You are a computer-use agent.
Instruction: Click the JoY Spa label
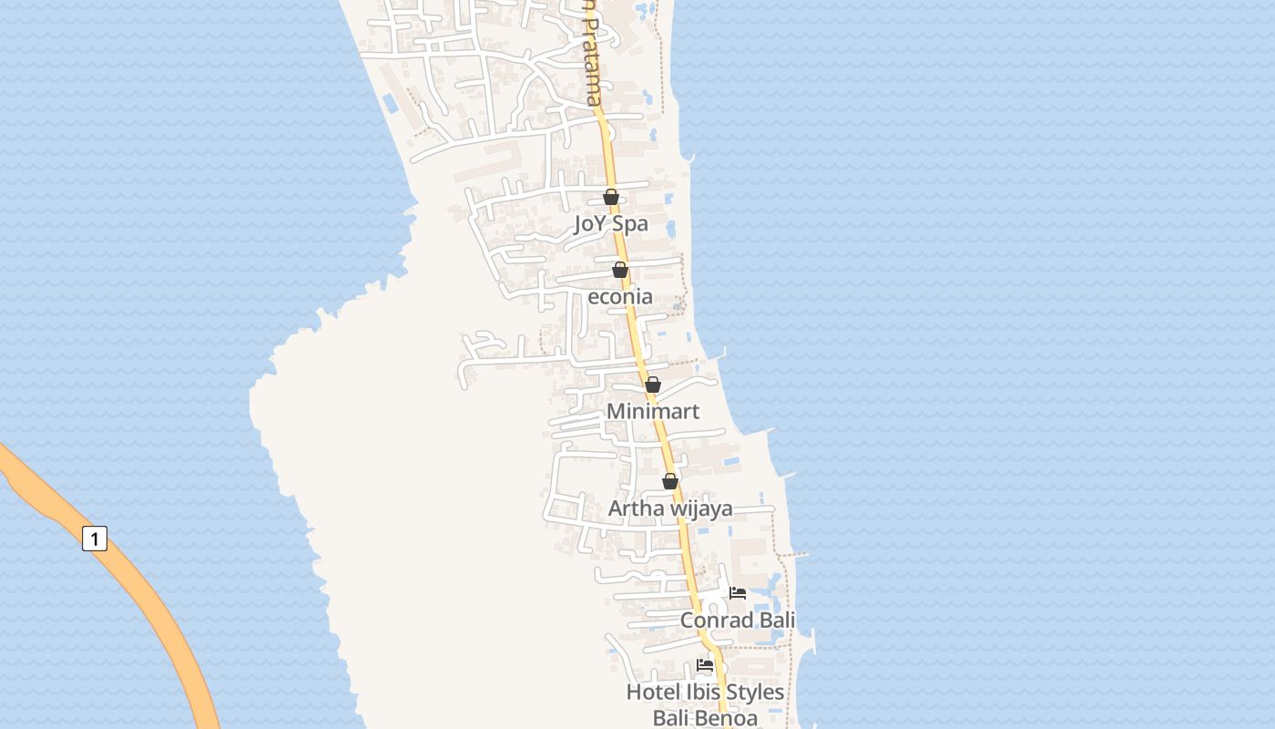tap(611, 223)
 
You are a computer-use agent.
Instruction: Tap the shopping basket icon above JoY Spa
tap(611, 197)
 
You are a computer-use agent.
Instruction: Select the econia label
tap(620, 296)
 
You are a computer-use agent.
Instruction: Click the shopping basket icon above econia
tap(620, 270)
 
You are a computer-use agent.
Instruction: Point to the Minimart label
tap(653, 411)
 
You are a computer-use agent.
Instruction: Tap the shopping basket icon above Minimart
tap(653, 385)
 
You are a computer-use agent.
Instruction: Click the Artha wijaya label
tap(670, 508)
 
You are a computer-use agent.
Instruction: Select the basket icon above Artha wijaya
tap(670, 481)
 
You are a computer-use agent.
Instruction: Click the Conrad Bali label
tap(738, 621)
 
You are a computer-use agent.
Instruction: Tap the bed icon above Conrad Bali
tap(738, 593)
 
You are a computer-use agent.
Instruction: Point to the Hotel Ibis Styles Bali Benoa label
tap(705, 704)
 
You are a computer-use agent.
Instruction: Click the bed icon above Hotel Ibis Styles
tap(705, 665)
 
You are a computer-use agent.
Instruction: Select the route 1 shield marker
tap(95, 539)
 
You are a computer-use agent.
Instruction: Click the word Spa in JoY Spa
tap(630, 223)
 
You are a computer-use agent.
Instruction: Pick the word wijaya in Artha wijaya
tap(701, 508)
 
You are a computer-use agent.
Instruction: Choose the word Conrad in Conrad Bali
tap(718, 621)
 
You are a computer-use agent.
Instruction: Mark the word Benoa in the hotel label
tap(726, 718)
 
